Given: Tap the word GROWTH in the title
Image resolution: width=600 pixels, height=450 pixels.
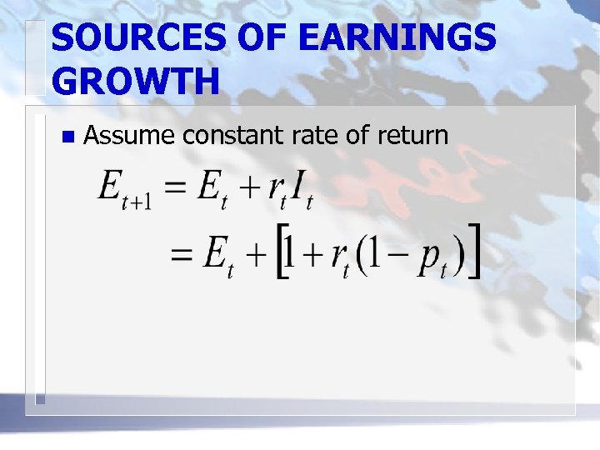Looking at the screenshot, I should point(136,82).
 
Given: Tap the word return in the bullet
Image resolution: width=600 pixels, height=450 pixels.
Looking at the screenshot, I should point(413,134).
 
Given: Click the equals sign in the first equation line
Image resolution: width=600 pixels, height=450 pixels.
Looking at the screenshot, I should point(174,185).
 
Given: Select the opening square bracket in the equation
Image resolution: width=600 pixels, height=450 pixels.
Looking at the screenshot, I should point(282,252).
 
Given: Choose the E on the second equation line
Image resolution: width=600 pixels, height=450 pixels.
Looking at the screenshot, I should point(215,251).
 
